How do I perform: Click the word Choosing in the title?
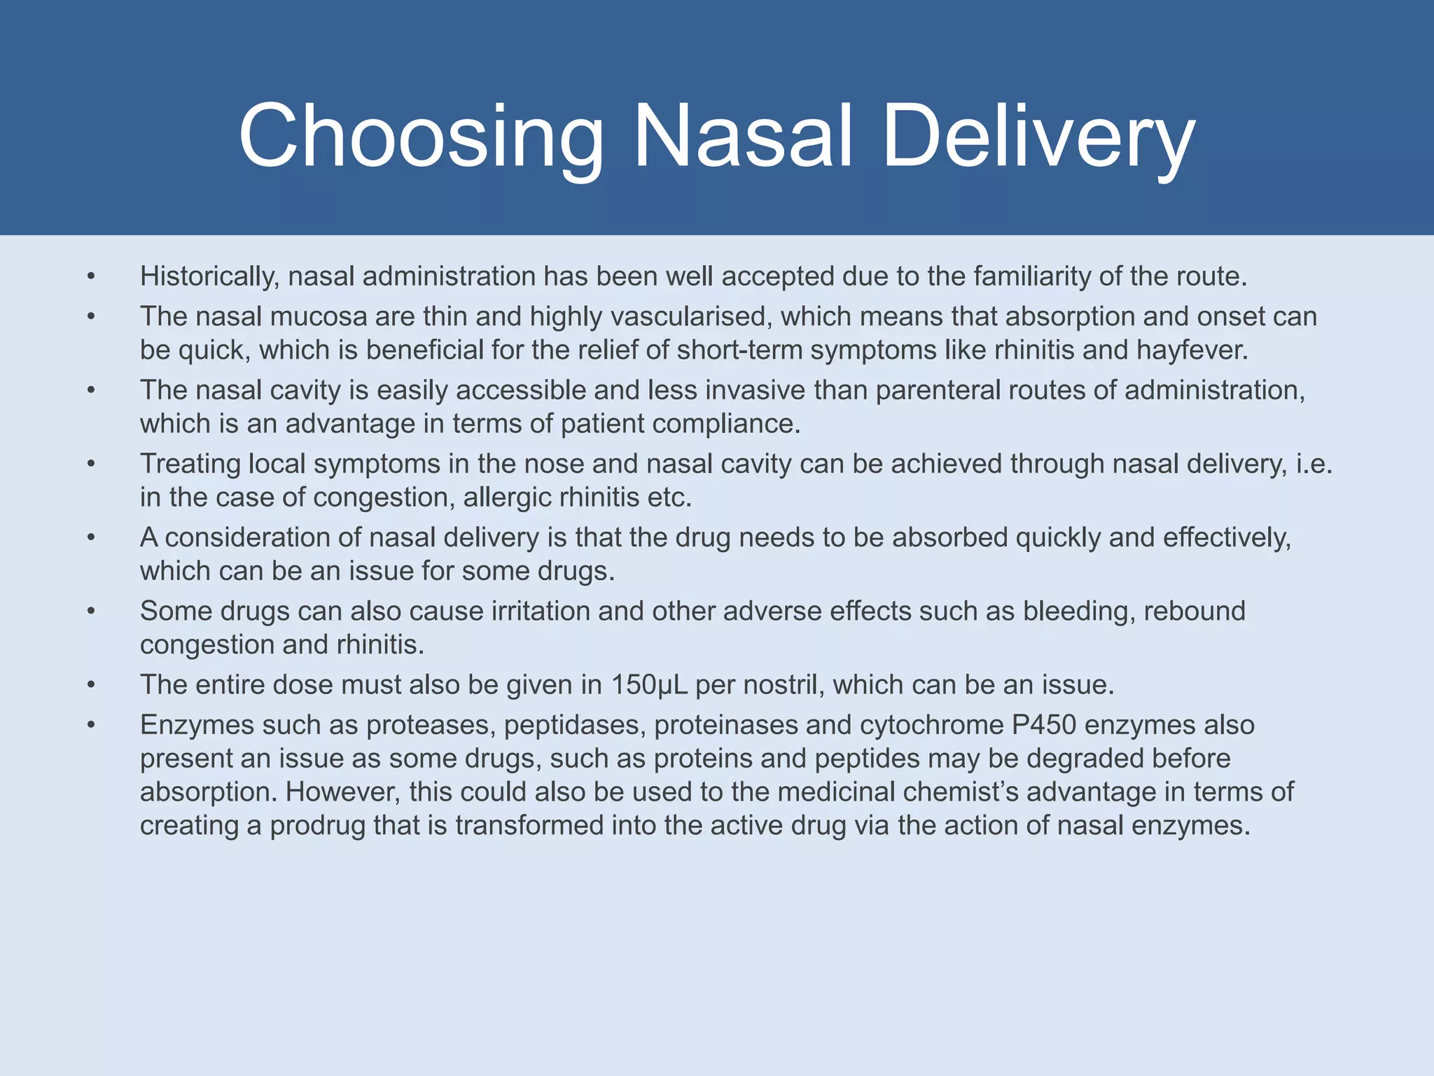pos(420,137)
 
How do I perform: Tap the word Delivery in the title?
pos(1038,137)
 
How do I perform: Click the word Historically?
pos(209,277)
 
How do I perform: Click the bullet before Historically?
pos(91,277)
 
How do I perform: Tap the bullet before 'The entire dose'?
pos(91,686)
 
